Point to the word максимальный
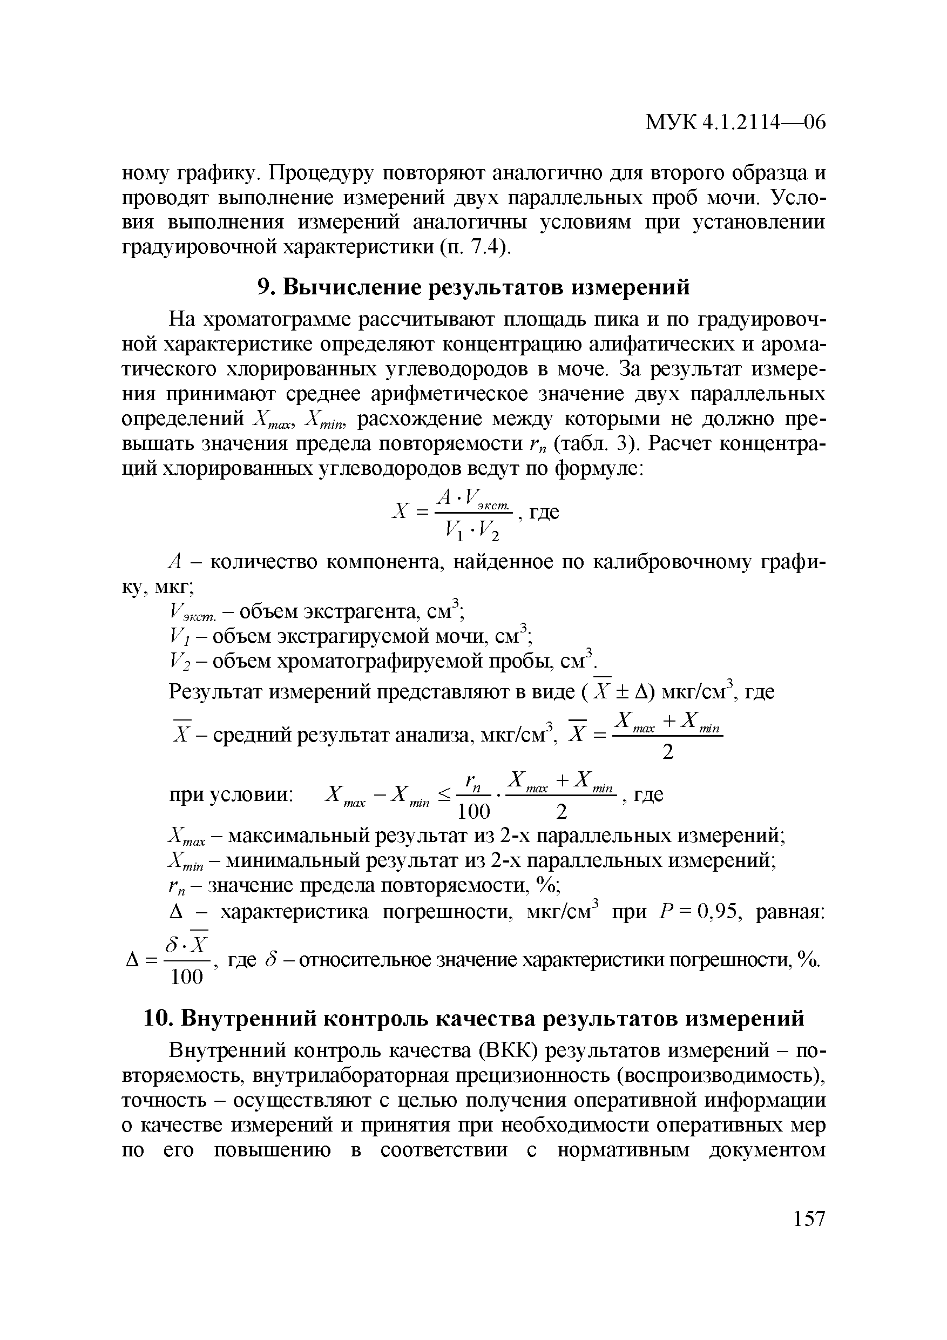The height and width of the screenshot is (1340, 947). point(298,836)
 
